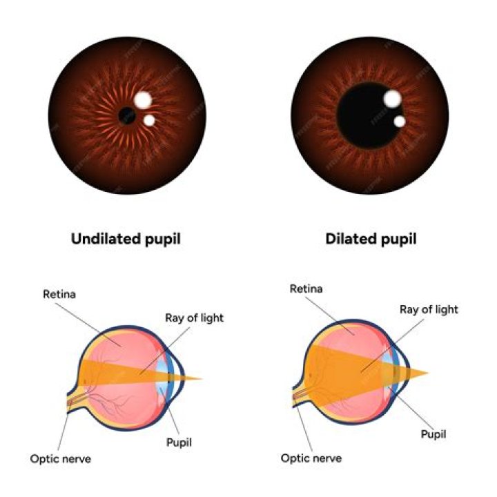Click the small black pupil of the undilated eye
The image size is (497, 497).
(127, 115)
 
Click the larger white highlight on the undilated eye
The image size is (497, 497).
(143, 100)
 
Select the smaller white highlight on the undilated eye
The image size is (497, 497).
(149, 121)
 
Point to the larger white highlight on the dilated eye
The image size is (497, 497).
(392, 99)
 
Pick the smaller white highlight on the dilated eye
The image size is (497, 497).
(399, 121)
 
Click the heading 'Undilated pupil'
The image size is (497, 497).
(126, 240)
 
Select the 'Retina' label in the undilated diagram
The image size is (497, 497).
(59, 294)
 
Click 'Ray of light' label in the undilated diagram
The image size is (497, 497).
(194, 318)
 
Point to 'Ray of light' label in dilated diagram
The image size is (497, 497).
(429, 310)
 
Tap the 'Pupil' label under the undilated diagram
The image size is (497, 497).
(178, 442)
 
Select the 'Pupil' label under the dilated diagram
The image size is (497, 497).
(433, 434)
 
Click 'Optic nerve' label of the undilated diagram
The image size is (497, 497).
(60, 458)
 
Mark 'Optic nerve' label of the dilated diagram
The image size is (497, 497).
(311, 458)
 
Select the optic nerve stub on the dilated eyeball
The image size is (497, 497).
(301, 396)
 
